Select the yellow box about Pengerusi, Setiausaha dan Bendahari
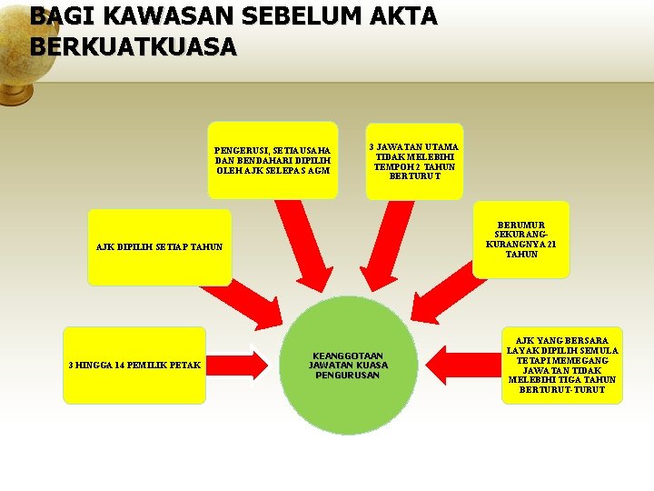pos(272,160)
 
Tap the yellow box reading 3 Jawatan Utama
pos(414,161)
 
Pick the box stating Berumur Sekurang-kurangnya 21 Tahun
pos(520,239)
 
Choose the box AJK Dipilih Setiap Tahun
pos(159,247)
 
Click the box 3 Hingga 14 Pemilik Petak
pos(134,365)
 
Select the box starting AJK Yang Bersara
pos(562,365)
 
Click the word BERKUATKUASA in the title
pos(133,46)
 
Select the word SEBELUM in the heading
pos(301,16)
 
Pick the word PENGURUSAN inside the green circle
pos(348,375)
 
